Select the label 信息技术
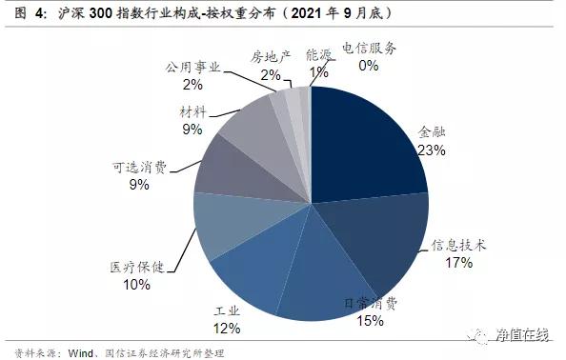coord(459,245)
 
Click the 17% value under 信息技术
coord(458,263)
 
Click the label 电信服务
coord(369,49)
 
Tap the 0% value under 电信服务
coord(369,66)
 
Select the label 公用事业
coord(192,69)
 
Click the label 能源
coord(320,56)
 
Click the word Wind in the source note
coord(80,351)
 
